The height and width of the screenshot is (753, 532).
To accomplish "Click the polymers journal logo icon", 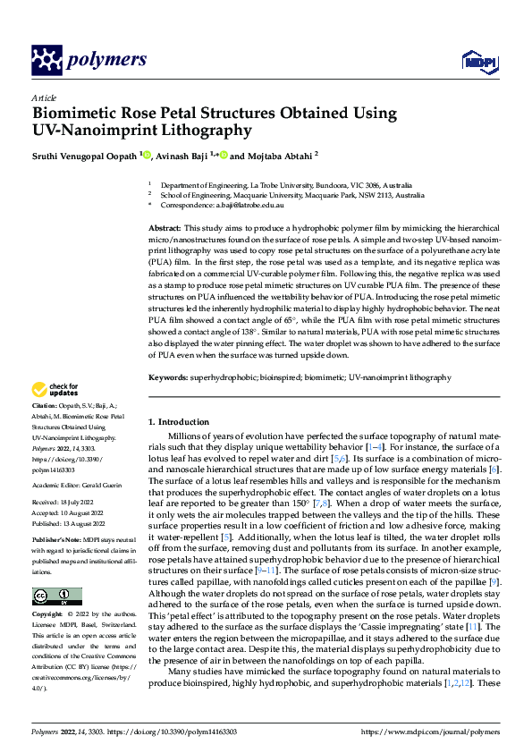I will [x=46, y=60].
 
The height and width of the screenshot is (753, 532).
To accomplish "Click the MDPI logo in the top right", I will [x=476, y=60].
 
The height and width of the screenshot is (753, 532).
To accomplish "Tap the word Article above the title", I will [x=44, y=97].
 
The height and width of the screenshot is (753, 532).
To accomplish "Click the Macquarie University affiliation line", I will [x=291, y=195].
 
